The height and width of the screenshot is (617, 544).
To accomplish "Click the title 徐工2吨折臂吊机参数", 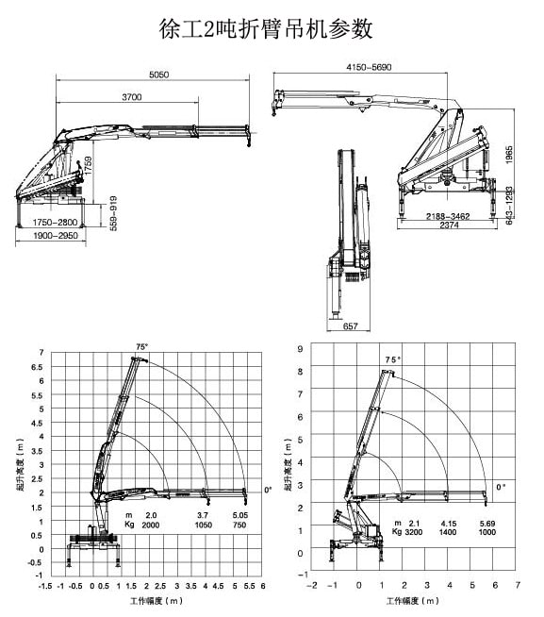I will (x=267, y=29).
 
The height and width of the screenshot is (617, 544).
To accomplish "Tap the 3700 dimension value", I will (x=131, y=98).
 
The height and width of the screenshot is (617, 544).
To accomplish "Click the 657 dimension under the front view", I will (x=350, y=325).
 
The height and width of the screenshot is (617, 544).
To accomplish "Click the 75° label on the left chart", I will (x=142, y=347).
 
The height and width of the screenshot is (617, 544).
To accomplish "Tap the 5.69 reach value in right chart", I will (x=486, y=523).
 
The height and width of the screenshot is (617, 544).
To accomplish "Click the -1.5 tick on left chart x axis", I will (x=44, y=585).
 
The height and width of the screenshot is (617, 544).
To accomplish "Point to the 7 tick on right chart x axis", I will (x=518, y=585).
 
